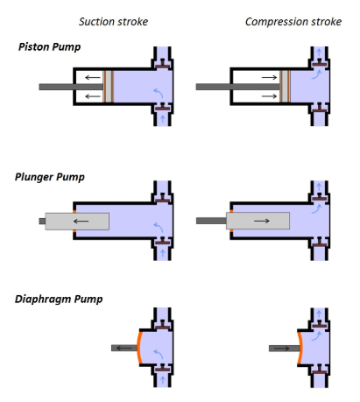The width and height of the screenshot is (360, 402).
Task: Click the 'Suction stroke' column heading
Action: (x=113, y=22)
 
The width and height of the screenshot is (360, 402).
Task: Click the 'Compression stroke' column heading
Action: (x=293, y=22)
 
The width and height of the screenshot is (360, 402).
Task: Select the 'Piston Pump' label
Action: (x=49, y=46)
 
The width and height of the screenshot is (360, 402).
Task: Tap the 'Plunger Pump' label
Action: (x=50, y=177)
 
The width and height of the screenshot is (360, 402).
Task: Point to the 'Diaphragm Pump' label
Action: (x=59, y=300)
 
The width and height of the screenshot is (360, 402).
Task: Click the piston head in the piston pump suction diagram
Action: (x=108, y=87)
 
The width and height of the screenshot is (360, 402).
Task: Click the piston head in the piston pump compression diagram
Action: (x=285, y=87)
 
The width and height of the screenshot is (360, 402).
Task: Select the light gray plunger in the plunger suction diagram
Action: (x=77, y=222)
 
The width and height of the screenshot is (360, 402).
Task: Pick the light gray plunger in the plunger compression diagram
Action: (x=258, y=221)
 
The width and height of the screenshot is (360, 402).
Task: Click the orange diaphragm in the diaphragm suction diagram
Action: (x=138, y=348)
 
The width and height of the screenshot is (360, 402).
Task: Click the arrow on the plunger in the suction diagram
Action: (x=81, y=221)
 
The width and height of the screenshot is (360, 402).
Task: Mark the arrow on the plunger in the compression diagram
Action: (x=262, y=221)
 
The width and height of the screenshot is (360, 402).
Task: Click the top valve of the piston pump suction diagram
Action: (x=162, y=64)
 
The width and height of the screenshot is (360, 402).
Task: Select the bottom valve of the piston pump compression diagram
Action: (x=320, y=108)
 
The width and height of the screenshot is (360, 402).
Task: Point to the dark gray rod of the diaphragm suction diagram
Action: (x=124, y=348)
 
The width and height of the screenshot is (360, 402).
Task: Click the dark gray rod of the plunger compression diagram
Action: (x=211, y=221)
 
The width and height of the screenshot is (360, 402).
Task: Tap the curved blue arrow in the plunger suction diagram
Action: (x=159, y=228)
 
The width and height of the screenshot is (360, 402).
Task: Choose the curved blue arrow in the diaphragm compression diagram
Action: (x=316, y=336)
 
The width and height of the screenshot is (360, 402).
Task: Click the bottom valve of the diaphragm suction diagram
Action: (x=162, y=368)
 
